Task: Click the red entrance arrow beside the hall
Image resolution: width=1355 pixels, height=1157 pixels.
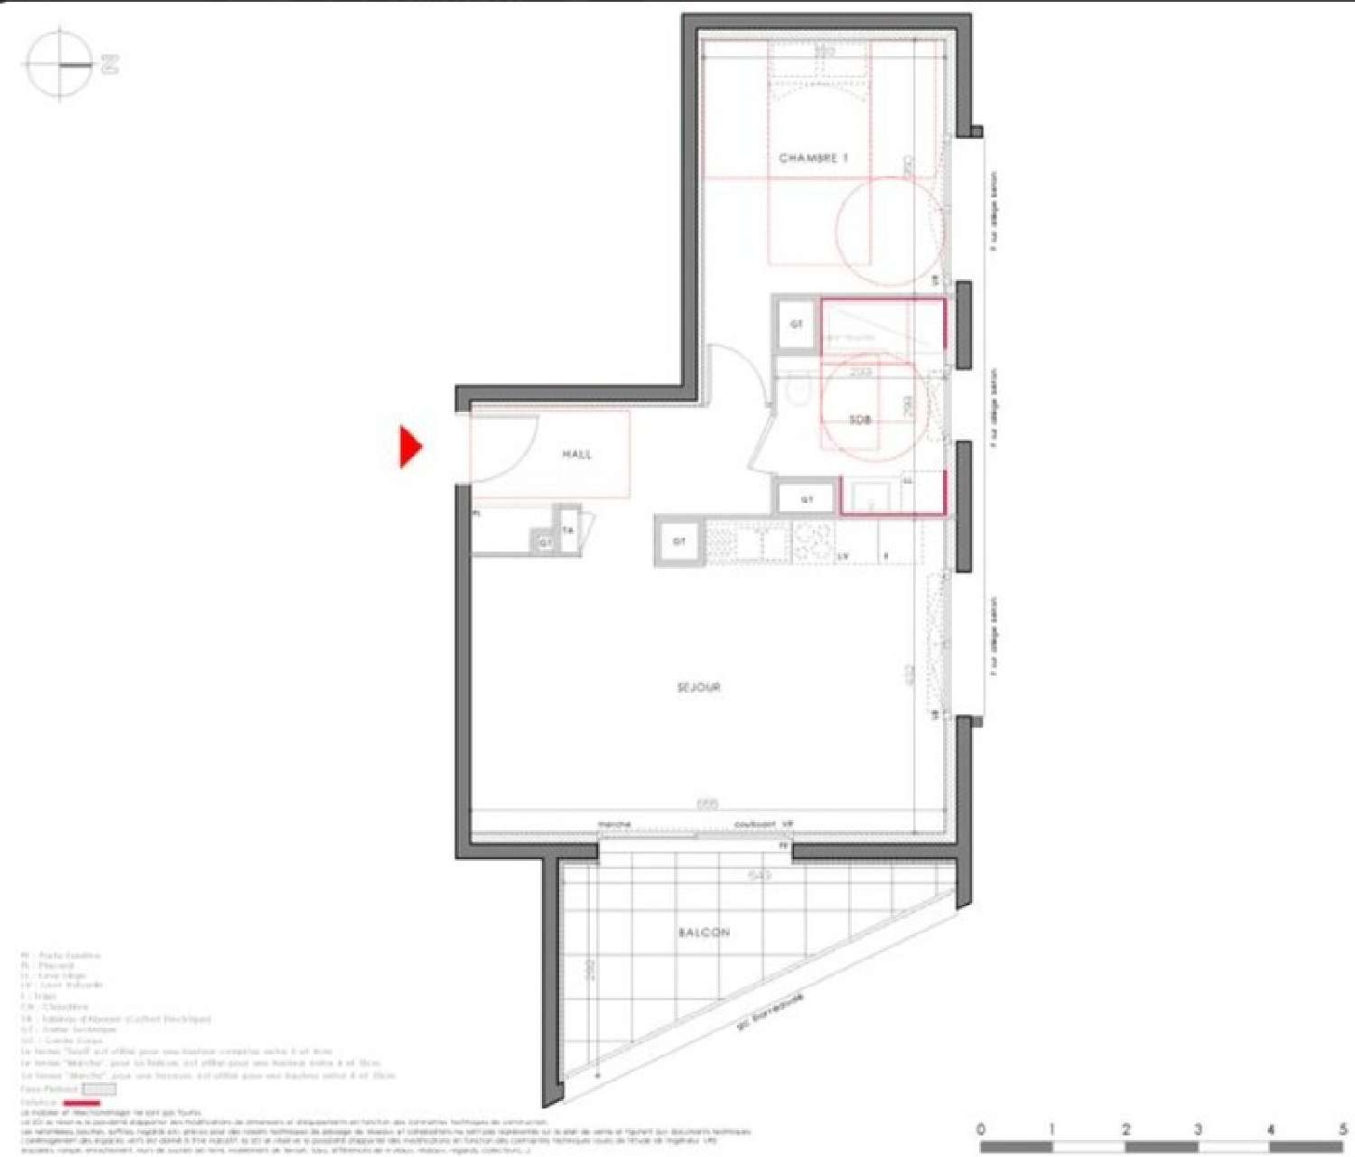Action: (411, 446)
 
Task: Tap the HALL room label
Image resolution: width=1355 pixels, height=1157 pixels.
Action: (576, 454)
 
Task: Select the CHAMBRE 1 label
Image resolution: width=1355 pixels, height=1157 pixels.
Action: (813, 158)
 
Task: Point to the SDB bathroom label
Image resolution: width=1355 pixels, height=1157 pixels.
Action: (860, 420)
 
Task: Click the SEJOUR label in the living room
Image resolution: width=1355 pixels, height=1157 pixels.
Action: (698, 687)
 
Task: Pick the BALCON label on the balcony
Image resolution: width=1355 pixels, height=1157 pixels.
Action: (704, 932)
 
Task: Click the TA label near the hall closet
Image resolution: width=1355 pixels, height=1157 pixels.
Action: (568, 531)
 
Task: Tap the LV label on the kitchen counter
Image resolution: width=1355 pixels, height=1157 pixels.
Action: (844, 555)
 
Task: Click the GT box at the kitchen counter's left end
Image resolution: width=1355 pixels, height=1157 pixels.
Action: (679, 541)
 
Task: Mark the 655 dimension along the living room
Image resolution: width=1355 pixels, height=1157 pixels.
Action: (707, 804)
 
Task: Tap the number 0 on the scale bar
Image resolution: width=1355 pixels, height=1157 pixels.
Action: (982, 1129)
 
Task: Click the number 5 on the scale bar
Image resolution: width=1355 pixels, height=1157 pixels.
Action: (1343, 1129)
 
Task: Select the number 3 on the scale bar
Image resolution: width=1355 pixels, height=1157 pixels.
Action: (1198, 1129)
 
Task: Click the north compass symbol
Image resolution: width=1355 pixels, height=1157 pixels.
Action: (61, 65)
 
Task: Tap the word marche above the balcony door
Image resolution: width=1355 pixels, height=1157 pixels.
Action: (614, 824)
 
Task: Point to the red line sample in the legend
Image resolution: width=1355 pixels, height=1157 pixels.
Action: (81, 1103)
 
